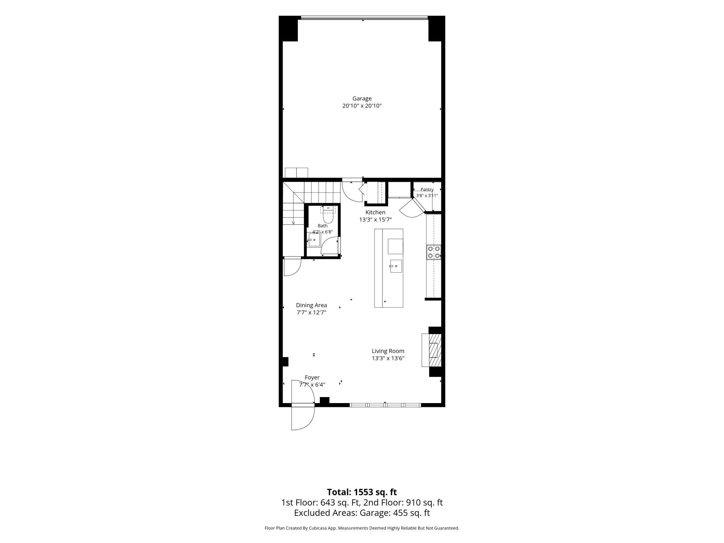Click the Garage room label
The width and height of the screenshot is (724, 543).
pos(362,99)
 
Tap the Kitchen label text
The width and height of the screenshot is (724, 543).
pos(375,212)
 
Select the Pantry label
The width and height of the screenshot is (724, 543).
pos(427,190)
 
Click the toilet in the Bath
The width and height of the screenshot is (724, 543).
pos(328,215)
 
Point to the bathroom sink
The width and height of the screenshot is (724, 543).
pos(314,240)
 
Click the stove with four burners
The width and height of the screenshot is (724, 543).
pos(434,252)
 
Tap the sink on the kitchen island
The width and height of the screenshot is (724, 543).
pos(396,266)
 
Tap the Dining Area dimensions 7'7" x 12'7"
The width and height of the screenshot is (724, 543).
pos(311,313)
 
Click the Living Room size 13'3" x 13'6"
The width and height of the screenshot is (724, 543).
pos(388,358)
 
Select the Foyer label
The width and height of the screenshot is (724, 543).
pos(312,377)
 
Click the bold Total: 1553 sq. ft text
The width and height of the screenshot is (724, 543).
pos(362,492)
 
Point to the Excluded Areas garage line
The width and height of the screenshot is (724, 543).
pos(362,513)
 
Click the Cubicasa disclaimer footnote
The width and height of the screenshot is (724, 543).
pos(362,528)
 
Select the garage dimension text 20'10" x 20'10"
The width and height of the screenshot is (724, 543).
pos(362,106)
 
